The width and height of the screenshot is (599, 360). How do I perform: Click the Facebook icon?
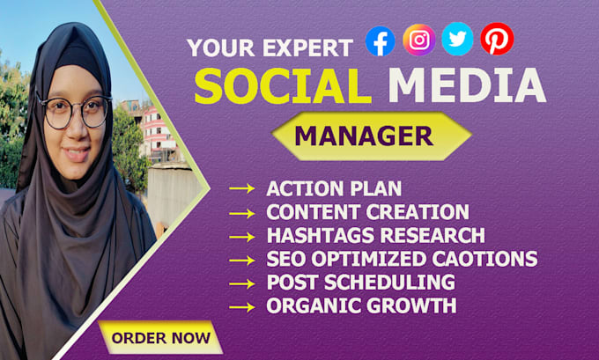[381, 40]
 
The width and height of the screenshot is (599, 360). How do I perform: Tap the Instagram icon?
[419, 40]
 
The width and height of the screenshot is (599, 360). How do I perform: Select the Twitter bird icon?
[457, 39]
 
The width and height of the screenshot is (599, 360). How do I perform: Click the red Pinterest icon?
[497, 39]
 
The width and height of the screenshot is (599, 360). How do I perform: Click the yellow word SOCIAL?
[283, 85]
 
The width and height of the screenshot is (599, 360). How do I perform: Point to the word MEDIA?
[467, 85]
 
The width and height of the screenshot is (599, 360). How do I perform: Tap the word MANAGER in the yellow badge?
[364, 136]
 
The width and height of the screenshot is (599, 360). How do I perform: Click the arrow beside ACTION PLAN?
[242, 188]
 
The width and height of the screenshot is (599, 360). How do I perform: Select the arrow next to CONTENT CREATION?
[242, 213]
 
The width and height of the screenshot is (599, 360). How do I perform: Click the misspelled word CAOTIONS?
[484, 259]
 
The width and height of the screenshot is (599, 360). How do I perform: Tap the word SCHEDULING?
[389, 283]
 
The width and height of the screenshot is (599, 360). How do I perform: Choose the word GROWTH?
[411, 305]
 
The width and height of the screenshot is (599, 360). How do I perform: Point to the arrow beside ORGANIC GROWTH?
[242, 307]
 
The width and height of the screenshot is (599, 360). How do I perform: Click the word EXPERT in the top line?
[307, 48]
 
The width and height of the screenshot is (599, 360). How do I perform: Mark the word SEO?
[286, 259]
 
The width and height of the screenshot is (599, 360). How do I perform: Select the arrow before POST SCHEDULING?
[242, 284]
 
